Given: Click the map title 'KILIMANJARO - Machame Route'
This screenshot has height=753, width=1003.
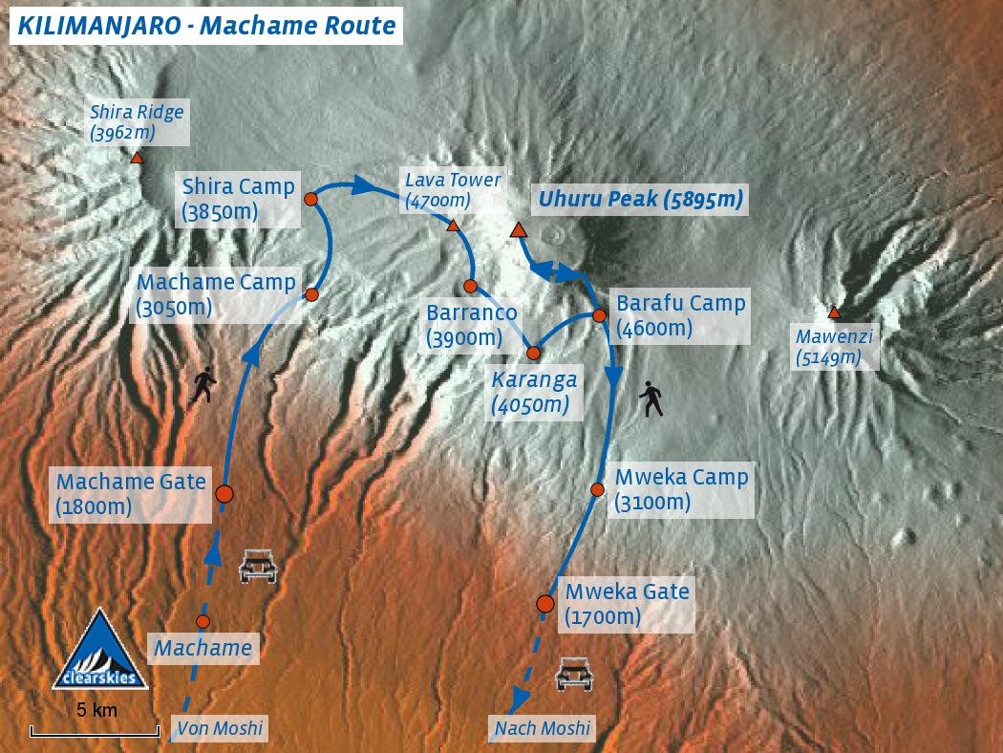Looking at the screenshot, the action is click(x=205, y=26).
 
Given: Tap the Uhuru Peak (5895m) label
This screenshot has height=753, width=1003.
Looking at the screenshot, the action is click(x=640, y=200).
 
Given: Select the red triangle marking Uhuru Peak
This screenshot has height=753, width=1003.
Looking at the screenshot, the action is click(x=518, y=230).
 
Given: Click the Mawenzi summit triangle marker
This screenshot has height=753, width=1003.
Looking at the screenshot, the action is click(x=834, y=312).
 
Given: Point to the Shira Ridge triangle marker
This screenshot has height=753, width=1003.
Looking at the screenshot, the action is click(x=138, y=158).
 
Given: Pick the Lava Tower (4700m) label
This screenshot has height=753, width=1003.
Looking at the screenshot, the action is click(x=452, y=190).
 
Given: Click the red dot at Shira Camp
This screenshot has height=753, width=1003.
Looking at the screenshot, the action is click(x=310, y=199).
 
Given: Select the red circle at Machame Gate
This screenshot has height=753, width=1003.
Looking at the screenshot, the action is click(x=224, y=494).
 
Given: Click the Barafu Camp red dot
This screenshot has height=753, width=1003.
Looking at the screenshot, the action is click(x=599, y=315).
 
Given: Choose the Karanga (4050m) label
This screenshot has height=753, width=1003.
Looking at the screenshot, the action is click(x=534, y=392).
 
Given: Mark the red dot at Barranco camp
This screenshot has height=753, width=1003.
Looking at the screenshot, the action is click(x=470, y=286).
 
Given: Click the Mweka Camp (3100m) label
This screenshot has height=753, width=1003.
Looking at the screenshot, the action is click(x=681, y=489).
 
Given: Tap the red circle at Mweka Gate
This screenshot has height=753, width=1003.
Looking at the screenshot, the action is click(x=545, y=603).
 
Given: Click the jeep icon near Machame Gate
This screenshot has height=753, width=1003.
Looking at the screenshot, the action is click(x=258, y=566).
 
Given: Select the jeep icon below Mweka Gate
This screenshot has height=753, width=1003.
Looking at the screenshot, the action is click(x=574, y=674).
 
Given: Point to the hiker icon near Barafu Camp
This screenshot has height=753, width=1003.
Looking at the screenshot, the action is click(x=652, y=398).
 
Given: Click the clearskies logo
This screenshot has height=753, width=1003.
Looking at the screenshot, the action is click(x=99, y=652).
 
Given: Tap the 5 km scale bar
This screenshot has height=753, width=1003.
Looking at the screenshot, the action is click(x=95, y=732).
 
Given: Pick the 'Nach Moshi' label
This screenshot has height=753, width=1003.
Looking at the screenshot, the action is click(x=543, y=729).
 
